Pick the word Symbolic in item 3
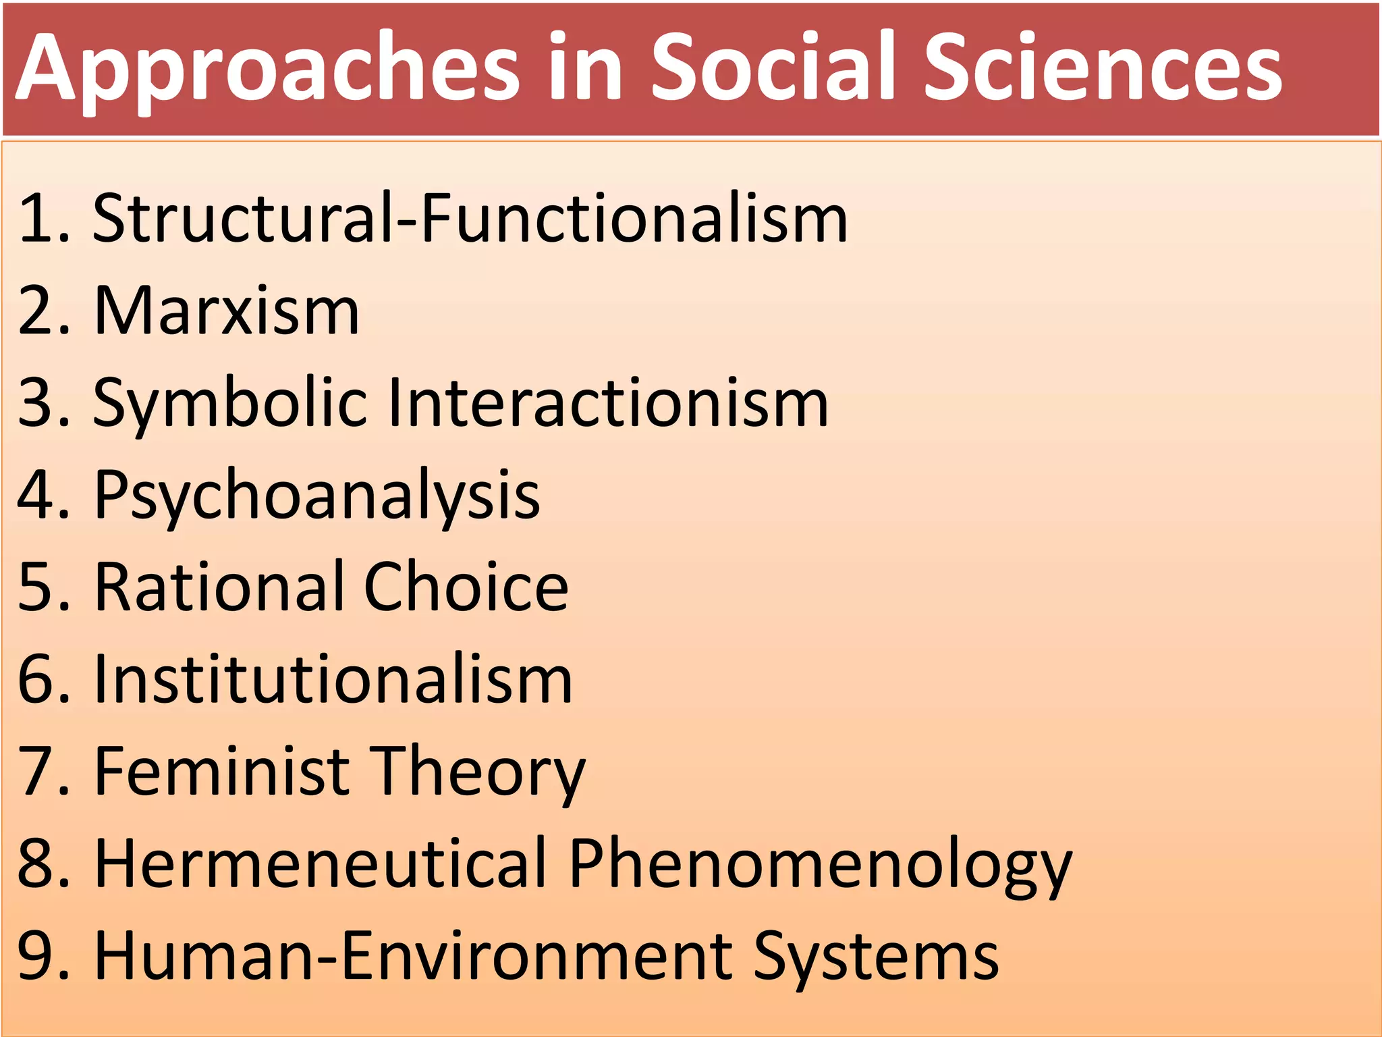click(230, 404)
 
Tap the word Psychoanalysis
click(317, 496)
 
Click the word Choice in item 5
click(466, 587)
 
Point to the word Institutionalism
click(333, 679)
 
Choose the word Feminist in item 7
click(222, 771)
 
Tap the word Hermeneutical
click(320, 863)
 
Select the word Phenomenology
click(821, 865)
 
